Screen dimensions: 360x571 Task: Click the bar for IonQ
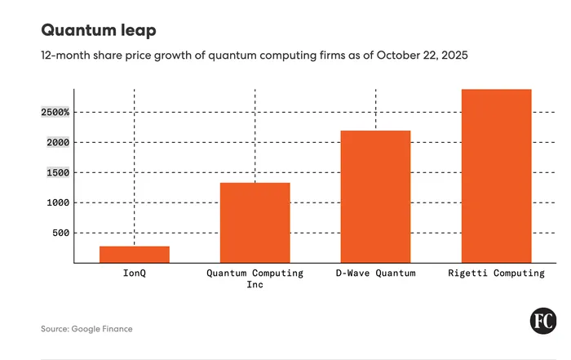click(135, 254)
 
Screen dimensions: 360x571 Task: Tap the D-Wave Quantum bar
click(375, 196)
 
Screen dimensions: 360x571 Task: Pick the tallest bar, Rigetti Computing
click(496, 176)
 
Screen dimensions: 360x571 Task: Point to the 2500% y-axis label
click(56, 112)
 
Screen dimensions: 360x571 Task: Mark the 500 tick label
click(60, 233)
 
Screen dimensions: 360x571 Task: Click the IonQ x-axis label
click(135, 273)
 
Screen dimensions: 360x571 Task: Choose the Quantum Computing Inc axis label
click(255, 278)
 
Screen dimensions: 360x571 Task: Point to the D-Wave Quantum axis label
click(375, 273)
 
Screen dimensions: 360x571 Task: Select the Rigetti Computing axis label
click(496, 273)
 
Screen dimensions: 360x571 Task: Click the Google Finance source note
click(86, 329)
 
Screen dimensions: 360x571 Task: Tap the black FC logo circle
click(543, 322)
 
